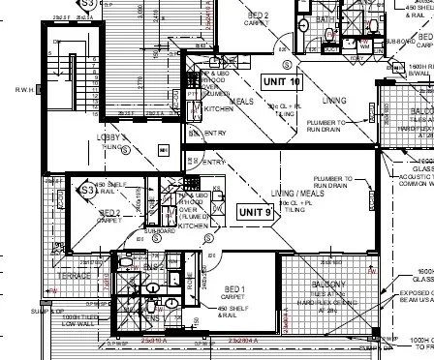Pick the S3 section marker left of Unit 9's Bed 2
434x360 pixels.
coord(86,218)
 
